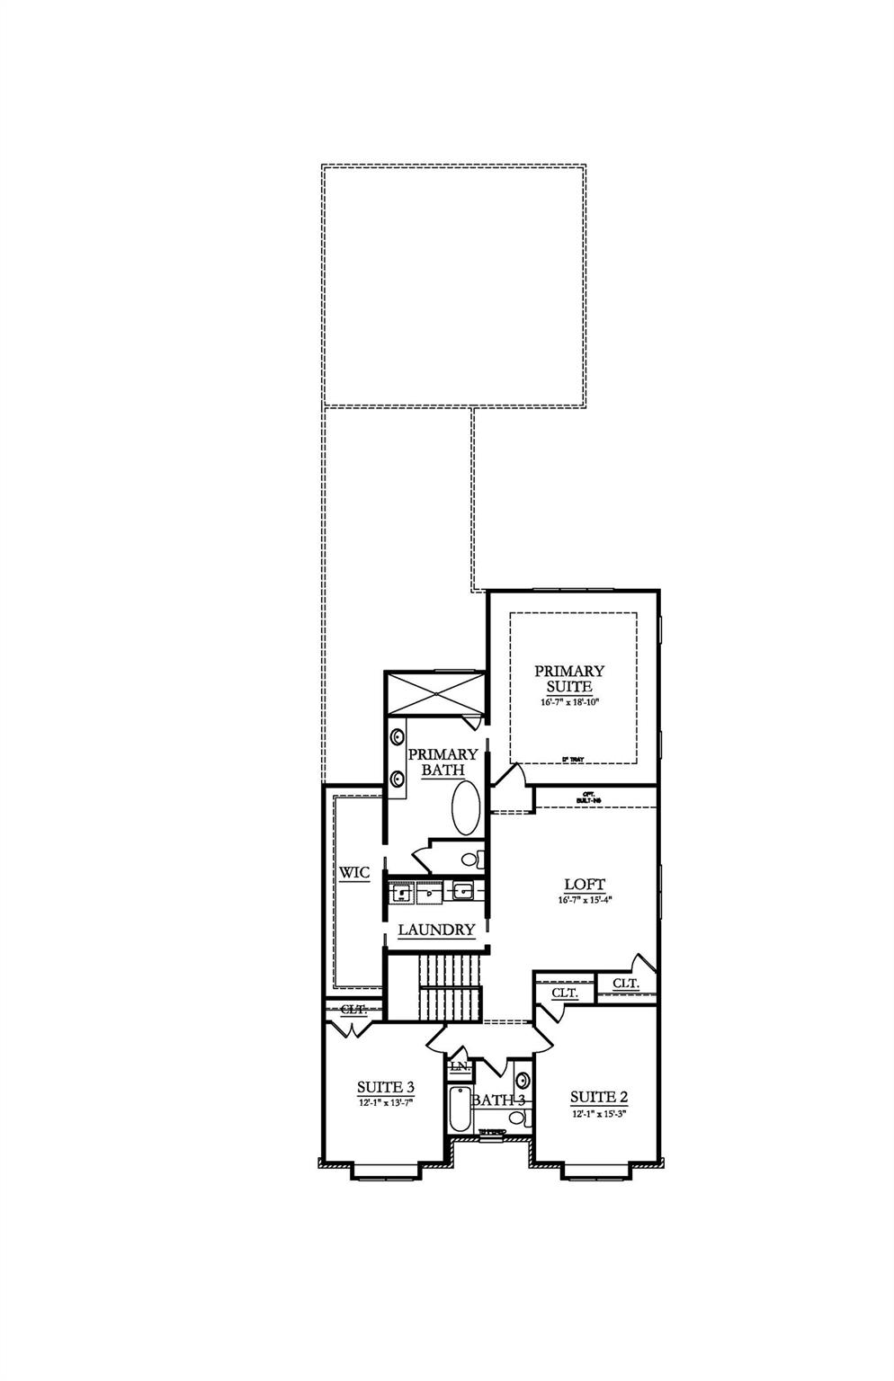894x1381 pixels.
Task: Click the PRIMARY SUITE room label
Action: pos(569,679)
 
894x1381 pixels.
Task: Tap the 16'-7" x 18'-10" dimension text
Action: pos(569,703)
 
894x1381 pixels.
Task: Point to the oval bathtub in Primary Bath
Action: pos(464,807)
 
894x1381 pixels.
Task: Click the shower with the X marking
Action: pos(434,692)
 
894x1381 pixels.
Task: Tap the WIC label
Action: pos(354,873)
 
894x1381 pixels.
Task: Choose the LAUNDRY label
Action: pos(436,930)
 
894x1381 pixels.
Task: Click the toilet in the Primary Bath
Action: pos(470,860)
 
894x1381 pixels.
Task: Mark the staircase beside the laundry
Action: pos(451,987)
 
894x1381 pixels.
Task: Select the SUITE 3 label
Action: pos(385,1087)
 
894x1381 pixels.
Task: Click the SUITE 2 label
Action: pos(598,1097)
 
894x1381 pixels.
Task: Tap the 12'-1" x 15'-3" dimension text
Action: pos(598,1114)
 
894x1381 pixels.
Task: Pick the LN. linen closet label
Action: pos(459,1066)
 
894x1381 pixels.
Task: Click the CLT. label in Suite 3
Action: pos(353,1010)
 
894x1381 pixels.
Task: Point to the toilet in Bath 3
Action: pos(517,1118)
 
